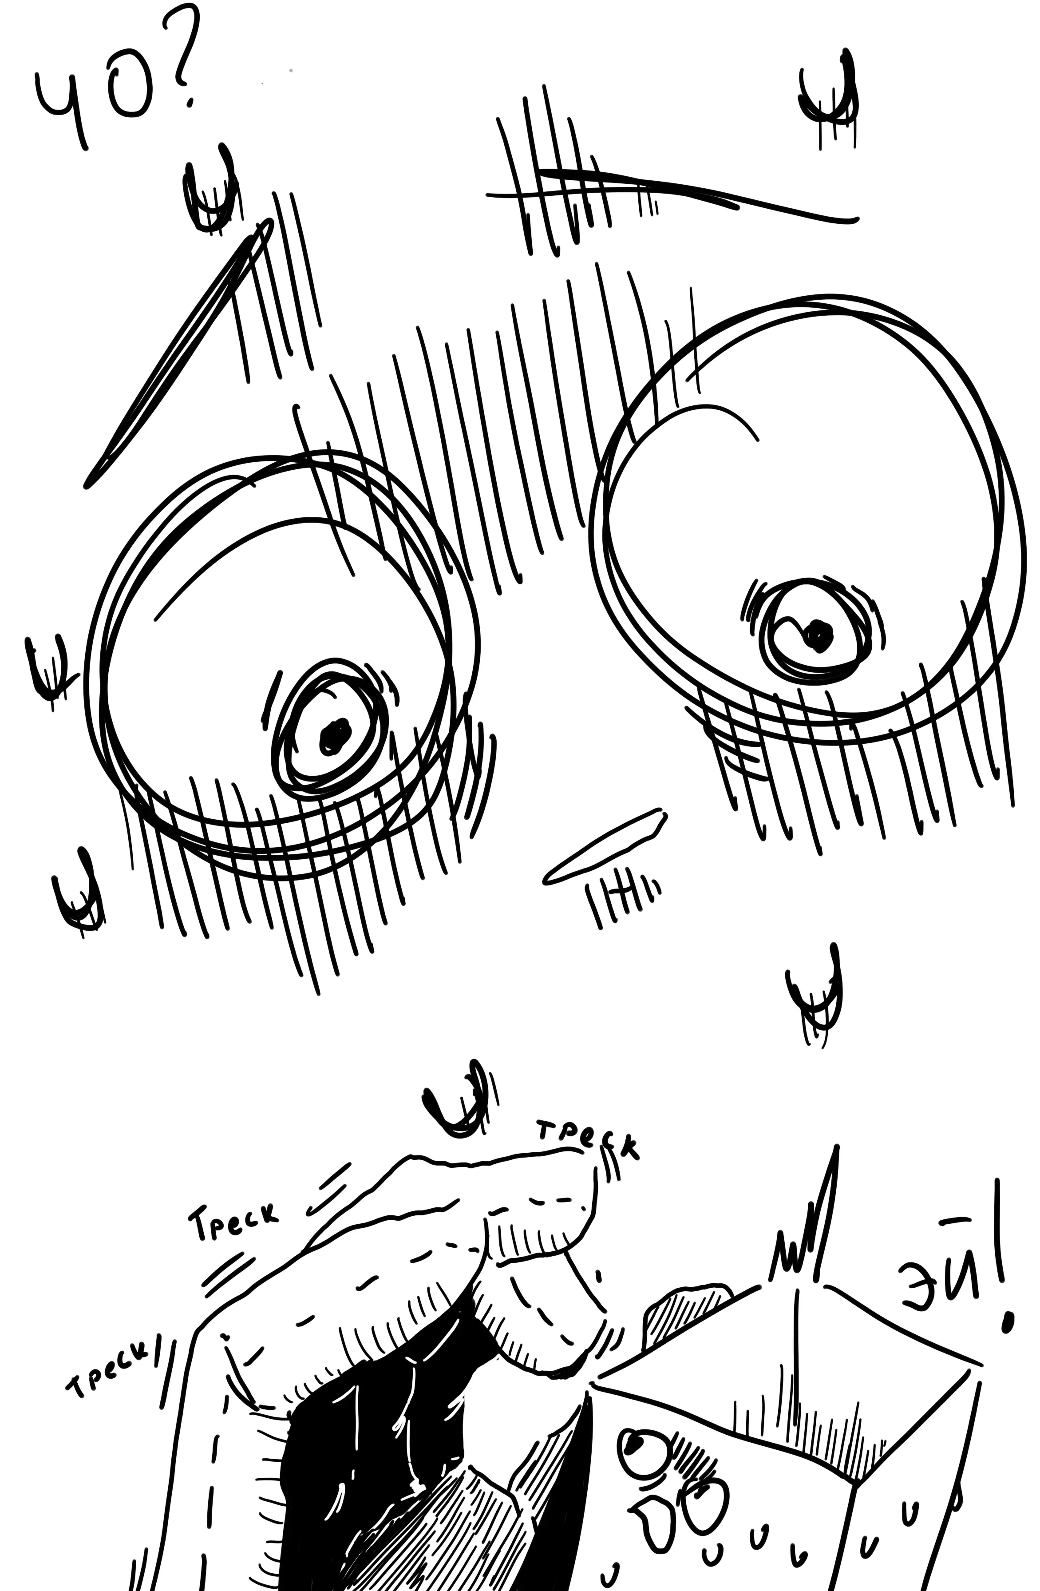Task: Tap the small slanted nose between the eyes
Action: click(605, 847)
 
